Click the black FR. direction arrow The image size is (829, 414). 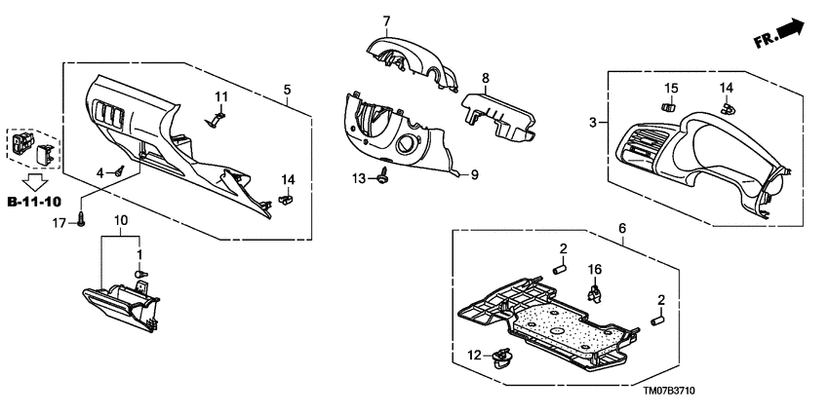792,30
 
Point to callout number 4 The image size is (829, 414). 100,172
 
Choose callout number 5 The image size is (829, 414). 287,90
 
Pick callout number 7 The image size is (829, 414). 385,20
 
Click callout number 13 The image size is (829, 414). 358,177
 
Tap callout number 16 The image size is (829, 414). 594,268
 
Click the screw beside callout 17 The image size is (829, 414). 82,221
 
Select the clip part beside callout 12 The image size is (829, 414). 504,358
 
